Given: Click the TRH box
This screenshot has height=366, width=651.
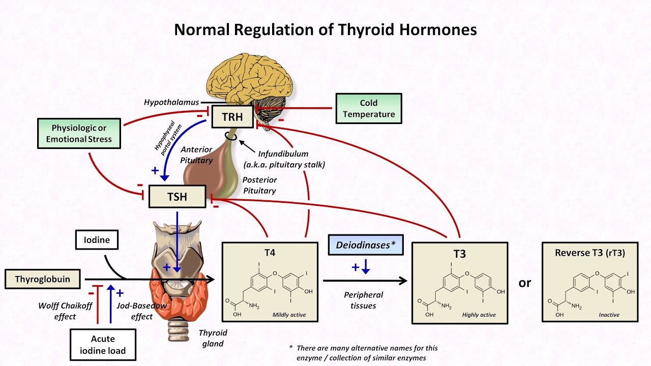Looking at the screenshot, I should [232, 117].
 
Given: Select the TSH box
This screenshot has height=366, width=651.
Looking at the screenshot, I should [177, 197].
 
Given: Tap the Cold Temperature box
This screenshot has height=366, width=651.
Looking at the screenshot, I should [369, 109].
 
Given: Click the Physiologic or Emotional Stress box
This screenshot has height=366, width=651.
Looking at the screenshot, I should [79, 133].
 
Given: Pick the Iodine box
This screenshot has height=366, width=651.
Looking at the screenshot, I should [97, 240].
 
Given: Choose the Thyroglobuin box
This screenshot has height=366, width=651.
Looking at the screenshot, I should [42, 279].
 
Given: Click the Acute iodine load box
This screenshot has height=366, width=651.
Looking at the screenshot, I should [103, 345].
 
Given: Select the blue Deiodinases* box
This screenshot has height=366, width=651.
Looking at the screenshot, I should [366, 245].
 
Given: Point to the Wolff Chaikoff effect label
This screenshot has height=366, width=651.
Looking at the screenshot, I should [57, 311].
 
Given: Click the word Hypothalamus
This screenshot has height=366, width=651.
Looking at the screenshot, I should [171, 102].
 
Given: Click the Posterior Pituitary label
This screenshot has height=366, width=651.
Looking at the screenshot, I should [259, 186].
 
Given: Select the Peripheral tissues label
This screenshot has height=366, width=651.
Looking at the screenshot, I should [363, 300].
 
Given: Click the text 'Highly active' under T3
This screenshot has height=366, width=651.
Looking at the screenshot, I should [479, 315].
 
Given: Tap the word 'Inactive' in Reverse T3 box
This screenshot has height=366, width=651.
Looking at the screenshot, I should [608, 315].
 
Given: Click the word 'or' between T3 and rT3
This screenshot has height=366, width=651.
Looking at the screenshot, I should [524, 283].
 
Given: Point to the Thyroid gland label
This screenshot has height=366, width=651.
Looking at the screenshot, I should [213, 338].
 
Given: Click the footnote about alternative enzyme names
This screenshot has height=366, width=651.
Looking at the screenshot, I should [363, 353].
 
